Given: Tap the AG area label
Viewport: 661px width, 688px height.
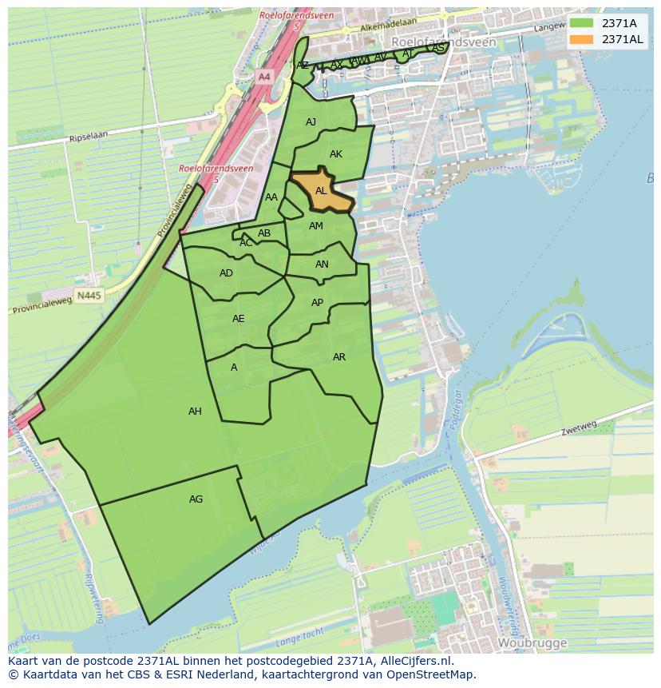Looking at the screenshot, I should click(x=196, y=499).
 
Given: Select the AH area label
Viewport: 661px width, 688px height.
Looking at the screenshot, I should click(x=195, y=412).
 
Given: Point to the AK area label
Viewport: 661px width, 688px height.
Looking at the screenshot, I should click(x=336, y=154).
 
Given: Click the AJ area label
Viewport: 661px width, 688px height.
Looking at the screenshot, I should click(x=311, y=122).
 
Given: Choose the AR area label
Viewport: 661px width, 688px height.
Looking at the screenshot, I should click(x=339, y=357).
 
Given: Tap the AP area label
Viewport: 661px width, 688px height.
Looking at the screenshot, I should click(x=317, y=303).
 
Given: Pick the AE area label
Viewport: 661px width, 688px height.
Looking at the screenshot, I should click(x=238, y=319).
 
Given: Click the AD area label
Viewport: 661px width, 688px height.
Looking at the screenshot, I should click(x=226, y=273).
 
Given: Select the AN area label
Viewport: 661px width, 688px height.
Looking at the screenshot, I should click(x=322, y=264).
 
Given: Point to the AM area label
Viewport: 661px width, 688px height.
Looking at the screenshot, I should click(x=316, y=226).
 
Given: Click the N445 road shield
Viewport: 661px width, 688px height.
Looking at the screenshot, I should click(x=89, y=296).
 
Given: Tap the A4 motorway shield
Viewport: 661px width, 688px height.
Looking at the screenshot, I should click(x=264, y=77).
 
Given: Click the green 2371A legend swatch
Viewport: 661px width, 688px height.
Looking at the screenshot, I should click(x=582, y=23).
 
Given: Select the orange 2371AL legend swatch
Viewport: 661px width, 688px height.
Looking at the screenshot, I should click(x=582, y=39).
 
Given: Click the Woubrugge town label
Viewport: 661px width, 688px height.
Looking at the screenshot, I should click(x=532, y=642).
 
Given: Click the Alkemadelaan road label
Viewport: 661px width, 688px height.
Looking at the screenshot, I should click(x=388, y=27).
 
